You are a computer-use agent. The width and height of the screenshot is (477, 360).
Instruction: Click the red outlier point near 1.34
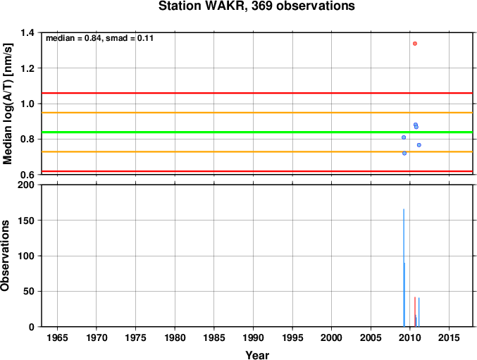[x=414, y=44]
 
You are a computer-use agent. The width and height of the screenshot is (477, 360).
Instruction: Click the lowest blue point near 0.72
[x=404, y=154]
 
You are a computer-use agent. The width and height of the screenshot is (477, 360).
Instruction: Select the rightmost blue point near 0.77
[x=419, y=145]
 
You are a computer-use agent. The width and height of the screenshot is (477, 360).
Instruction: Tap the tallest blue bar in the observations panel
[x=404, y=268]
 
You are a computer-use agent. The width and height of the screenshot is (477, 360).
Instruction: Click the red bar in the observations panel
[x=414, y=312]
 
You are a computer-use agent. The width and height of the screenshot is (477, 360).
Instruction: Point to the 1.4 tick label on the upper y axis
[x=27, y=32]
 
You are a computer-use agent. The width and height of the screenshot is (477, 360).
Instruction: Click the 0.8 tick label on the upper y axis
[x=27, y=139]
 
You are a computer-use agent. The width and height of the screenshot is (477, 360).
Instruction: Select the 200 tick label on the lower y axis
[x=26, y=185]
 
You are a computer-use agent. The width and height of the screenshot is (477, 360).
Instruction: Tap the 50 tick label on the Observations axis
[x=29, y=291]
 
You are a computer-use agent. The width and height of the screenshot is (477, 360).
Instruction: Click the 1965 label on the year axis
[x=57, y=337]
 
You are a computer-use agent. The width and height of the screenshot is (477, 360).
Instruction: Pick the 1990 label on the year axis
[x=253, y=337]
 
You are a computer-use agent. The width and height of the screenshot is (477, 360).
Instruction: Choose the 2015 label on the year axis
[x=449, y=337]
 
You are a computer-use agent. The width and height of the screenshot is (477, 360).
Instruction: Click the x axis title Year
[x=257, y=355]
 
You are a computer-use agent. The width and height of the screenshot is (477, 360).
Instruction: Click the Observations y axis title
[x=5, y=256]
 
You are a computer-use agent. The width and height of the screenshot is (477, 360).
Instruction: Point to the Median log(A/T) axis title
[x=7, y=104]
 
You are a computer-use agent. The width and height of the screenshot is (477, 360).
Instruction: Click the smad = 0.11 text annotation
[x=130, y=38]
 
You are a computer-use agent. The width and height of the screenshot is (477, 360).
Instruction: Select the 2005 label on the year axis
[x=371, y=337]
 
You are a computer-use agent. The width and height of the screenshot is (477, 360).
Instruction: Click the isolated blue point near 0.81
[x=404, y=137]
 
